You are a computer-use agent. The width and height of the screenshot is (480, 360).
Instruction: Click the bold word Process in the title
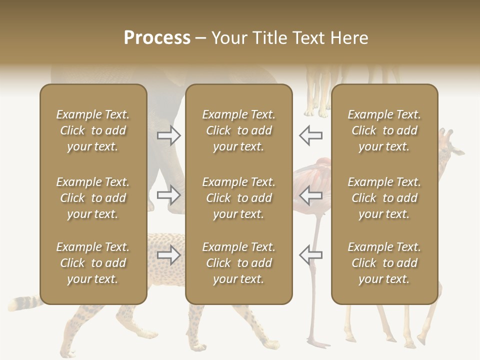coord(157,38)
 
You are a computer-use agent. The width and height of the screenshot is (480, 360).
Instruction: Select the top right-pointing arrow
coord(169,135)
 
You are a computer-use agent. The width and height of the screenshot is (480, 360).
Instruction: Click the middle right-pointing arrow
coord(169,195)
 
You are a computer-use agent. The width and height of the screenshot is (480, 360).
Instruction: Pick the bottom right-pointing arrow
coord(169,255)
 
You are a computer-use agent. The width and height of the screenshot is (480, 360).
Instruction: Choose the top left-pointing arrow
coord(310,135)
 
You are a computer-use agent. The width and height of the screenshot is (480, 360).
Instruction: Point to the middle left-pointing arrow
coord(310,195)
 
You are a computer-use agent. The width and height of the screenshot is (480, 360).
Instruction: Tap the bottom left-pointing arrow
coord(310,255)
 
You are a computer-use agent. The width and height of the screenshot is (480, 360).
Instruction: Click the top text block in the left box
coord(93,130)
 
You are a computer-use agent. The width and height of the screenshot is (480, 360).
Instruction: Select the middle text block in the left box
coord(93,198)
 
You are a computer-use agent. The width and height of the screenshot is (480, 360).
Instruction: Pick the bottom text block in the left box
coord(93,263)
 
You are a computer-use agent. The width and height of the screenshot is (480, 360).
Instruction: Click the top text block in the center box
coord(238,130)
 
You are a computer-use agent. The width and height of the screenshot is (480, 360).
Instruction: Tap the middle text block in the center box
coord(238,198)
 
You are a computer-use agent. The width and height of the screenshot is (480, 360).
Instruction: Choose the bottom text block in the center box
coord(238,263)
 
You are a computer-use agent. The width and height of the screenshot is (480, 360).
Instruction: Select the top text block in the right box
coord(384,130)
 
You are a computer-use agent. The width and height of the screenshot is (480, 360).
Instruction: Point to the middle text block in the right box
coord(384,198)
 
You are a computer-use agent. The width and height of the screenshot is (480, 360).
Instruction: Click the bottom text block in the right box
coord(384,263)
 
